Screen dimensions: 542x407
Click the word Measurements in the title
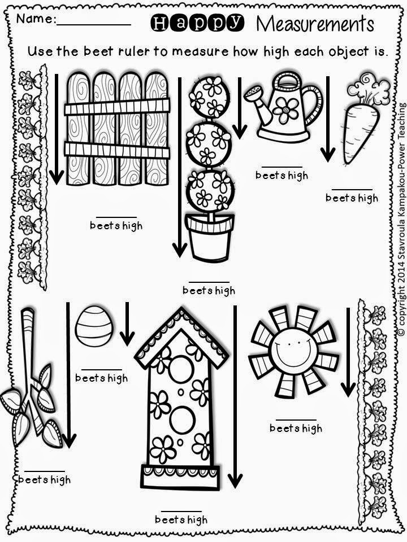coord(315,24)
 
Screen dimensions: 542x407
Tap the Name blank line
coord(93,24)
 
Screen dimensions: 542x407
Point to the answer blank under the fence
coord(116,217)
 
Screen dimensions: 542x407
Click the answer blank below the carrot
coord(352,189)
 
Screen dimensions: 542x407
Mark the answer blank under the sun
coord(295,420)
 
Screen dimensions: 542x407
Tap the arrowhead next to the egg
coord(127,338)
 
